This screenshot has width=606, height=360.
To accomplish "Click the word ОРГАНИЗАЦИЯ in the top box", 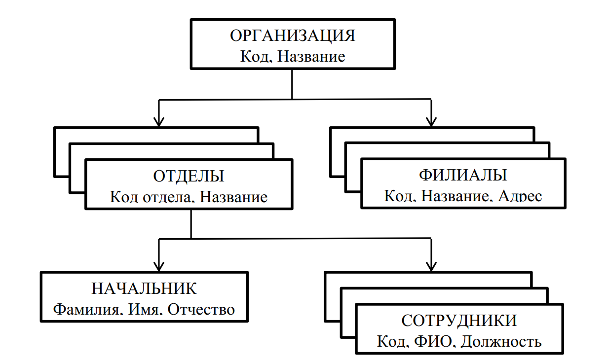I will (x=293, y=37).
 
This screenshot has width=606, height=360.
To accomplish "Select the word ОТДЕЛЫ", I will (x=189, y=177).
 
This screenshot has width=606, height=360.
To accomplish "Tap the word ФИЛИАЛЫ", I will (x=463, y=176).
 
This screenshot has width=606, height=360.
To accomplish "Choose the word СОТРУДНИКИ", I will (x=459, y=321).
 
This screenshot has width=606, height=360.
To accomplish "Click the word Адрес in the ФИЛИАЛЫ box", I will (x=520, y=196).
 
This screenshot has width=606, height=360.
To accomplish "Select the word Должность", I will (x=501, y=341).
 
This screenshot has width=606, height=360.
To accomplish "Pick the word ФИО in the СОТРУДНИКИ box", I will (x=438, y=341).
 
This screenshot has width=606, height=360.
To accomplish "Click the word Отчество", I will (x=201, y=309).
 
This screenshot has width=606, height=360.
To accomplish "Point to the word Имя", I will (x=145, y=309).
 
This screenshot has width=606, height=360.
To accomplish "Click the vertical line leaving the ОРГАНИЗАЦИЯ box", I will (x=293, y=84).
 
